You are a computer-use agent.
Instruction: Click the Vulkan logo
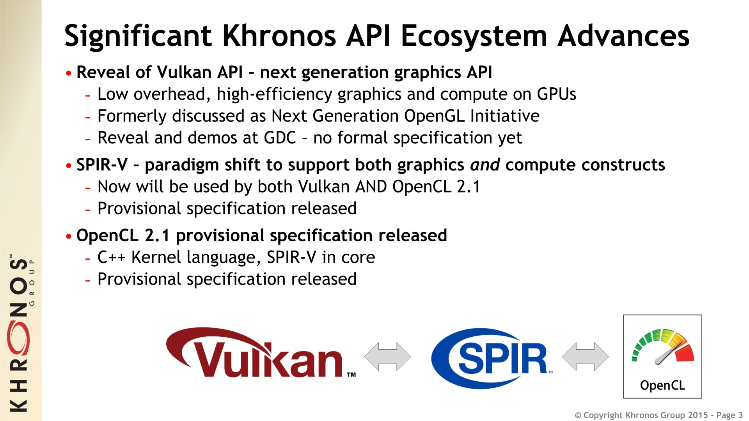coord(261,352)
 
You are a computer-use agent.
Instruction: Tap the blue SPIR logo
coord(492,358)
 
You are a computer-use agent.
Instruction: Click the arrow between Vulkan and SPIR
coord(387,356)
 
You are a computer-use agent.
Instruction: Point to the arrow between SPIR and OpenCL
coord(585,356)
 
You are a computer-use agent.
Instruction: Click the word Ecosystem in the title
coord(474,36)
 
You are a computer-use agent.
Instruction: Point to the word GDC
coord(280,138)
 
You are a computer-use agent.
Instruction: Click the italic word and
coord(485,165)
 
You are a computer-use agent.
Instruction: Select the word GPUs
coord(556,94)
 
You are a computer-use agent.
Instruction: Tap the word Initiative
coord(505,116)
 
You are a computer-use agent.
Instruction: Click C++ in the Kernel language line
coord(111,257)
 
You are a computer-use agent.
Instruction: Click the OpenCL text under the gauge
coord(662,385)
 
